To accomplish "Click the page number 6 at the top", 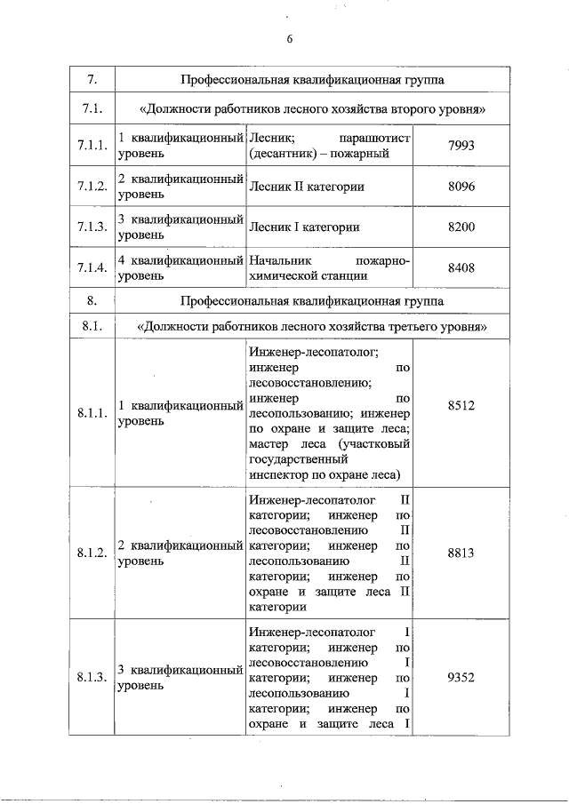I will coord(290,38).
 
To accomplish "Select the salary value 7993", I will coord(461,147).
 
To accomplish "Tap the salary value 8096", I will coord(461,187).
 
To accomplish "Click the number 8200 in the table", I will coord(461,227).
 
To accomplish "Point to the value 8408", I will coord(461,267).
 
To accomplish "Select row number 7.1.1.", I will coord(92,147).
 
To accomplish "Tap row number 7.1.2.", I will coord(92,187).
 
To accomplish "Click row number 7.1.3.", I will coord(92,227).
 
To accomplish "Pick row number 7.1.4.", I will coord(92,267).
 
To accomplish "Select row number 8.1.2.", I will coord(92,553).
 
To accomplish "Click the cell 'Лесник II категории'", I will coord(307,187).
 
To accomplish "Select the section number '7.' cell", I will coord(92,80).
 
